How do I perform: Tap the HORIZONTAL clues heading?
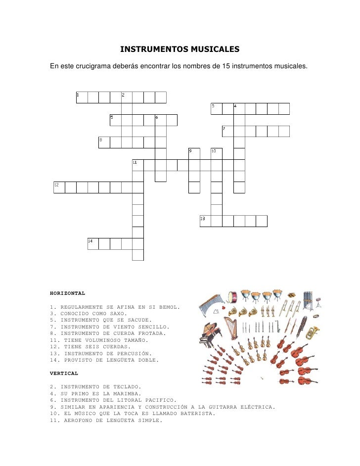click(68, 293)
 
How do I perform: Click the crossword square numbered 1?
click(82, 97)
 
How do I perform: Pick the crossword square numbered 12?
click(59, 187)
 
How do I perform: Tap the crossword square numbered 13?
click(205, 221)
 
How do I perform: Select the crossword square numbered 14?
click(93, 243)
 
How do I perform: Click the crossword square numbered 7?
click(227, 131)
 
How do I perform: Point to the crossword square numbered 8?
click(104, 142)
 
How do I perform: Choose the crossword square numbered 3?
click(216, 109)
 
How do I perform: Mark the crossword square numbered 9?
click(194, 153)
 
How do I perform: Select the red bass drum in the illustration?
click(232, 296)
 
